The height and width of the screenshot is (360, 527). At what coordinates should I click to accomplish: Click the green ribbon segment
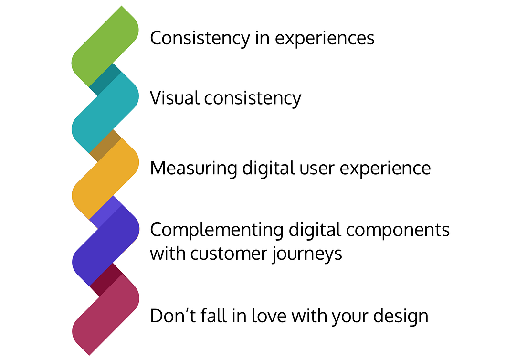pyautogui.click(x=105, y=45)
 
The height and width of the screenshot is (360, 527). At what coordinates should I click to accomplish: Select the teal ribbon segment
pyautogui.click(x=105, y=112)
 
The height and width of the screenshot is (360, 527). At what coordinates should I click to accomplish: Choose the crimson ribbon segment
pyautogui.click(x=105, y=313)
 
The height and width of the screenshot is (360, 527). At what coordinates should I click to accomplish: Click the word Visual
pyautogui.click(x=174, y=98)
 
